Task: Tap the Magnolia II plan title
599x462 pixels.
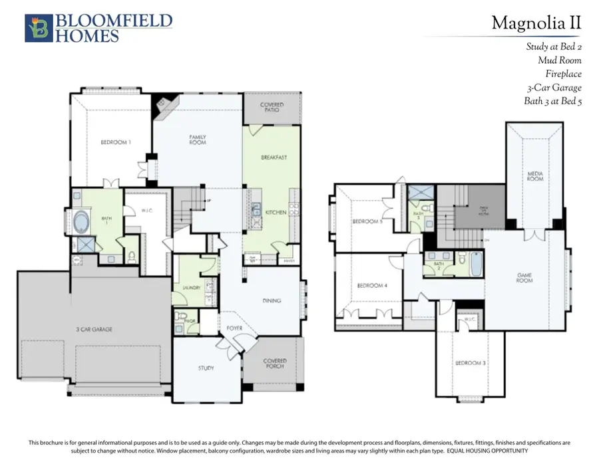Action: pyautogui.click(x=536, y=23)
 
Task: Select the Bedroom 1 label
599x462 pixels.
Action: pyautogui.click(x=115, y=142)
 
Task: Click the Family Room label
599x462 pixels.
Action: pyautogui.click(x=197, y=140)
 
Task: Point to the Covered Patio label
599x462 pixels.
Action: pyautogui.click(x=271, y=108)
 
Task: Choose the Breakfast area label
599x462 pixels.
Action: pyautogui.click(x=274, y=158)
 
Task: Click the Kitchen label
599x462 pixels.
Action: pyautogui.click(x=276, y=211)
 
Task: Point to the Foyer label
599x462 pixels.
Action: pyautogui.click(x=234, y=328)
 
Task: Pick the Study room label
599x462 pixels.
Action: pyautogui.click(x=206, y=368)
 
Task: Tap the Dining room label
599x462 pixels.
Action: pyautogui.click(x=272, y=300)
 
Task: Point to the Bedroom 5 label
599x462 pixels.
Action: pyautogui.click(x=367, y=221)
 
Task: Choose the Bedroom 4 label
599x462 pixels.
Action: pyautogui.click(x=371, y=286)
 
